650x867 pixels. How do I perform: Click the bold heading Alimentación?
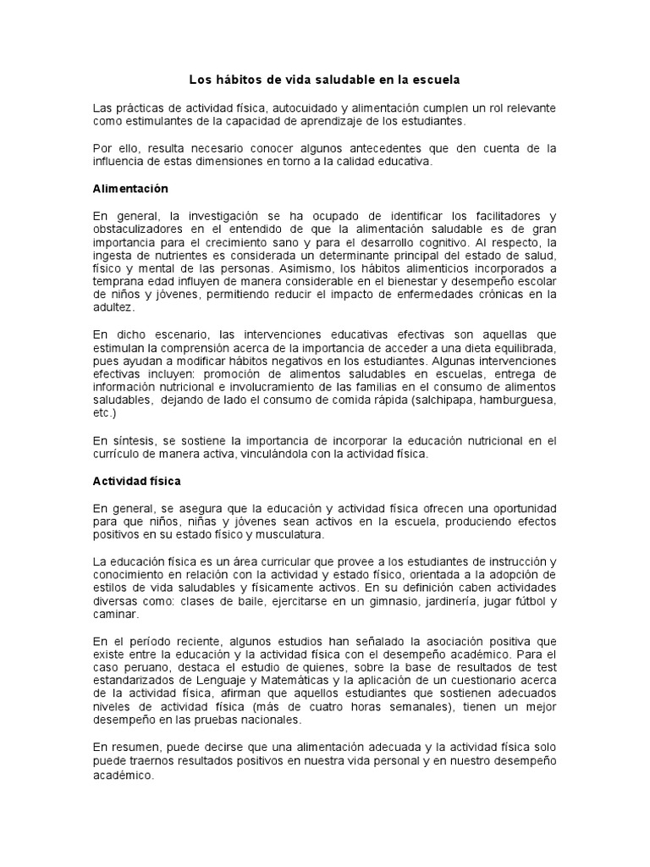tap(130, 188)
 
